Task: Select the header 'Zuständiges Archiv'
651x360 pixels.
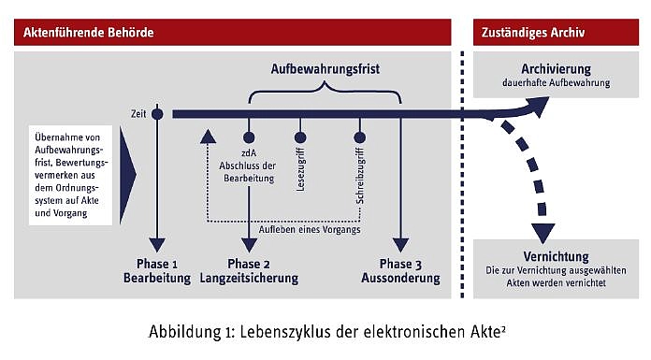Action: pyautogui.click(x=533, y=33)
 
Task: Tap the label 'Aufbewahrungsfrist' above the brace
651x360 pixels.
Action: pyautogui.click(x=325, y=69)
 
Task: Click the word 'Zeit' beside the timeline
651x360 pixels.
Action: pyautogui.click(x=138, y=114)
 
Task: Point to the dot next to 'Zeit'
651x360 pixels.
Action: pyautogui.click(x=157, y=114)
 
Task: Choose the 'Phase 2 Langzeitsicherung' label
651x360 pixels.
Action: pyautogui.click(x=249, y=270)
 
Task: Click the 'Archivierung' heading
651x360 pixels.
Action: pyautogui.click(x=556, y=68)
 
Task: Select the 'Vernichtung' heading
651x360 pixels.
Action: pyautogui.click(x=556, y=256)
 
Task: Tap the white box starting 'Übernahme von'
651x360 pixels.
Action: pyautogui.click(x=71, y=171)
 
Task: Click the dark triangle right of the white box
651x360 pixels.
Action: pyautogui.click(x=127, y=172)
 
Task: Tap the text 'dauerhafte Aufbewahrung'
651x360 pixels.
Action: pyautogui.click(x=556, y=83)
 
